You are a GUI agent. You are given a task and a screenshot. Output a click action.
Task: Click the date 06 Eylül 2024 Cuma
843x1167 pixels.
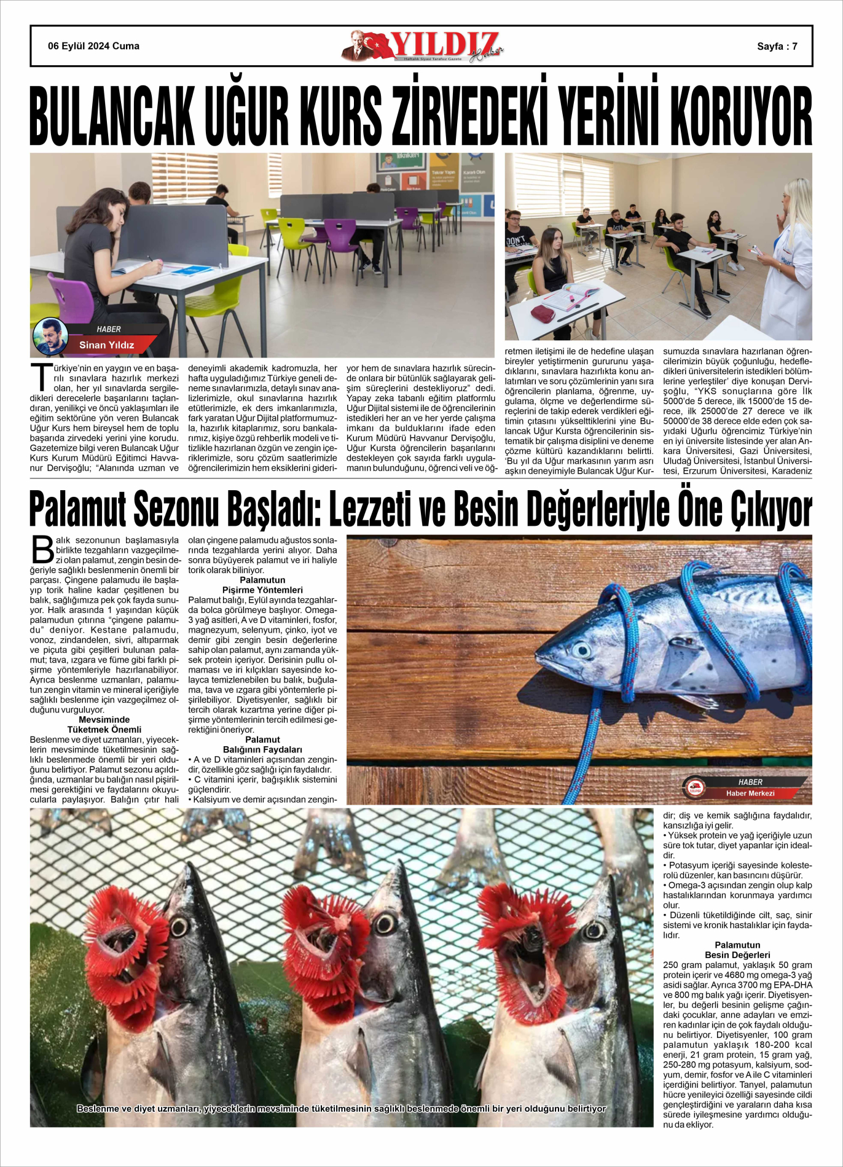pos(93,46)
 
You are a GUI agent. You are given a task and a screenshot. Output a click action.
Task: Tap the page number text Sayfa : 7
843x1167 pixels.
pos(777,46)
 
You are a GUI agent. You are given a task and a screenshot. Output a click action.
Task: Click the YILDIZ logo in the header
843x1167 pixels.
pos(424,46)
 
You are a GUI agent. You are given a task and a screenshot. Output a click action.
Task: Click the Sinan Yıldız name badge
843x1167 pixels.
pos(106,345)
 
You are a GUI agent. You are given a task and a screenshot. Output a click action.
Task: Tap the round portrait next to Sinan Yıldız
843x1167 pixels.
pos(50,336)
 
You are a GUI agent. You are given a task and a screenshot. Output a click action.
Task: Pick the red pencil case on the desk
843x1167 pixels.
pos(543,313)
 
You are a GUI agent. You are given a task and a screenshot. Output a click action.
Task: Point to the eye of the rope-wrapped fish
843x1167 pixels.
pos(581,650)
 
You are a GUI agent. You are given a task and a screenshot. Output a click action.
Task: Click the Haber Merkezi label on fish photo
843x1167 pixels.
pos(750,793)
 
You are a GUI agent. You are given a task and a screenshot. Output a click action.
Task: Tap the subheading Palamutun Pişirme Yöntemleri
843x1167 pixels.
pos(262,585)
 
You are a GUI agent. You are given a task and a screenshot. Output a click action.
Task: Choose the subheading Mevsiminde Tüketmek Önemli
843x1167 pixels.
pos(104,724)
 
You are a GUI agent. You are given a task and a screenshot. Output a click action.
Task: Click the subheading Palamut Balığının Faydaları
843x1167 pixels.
pos(262,744)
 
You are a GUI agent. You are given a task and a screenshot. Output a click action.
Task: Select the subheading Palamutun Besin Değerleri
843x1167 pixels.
pos(737,950)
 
